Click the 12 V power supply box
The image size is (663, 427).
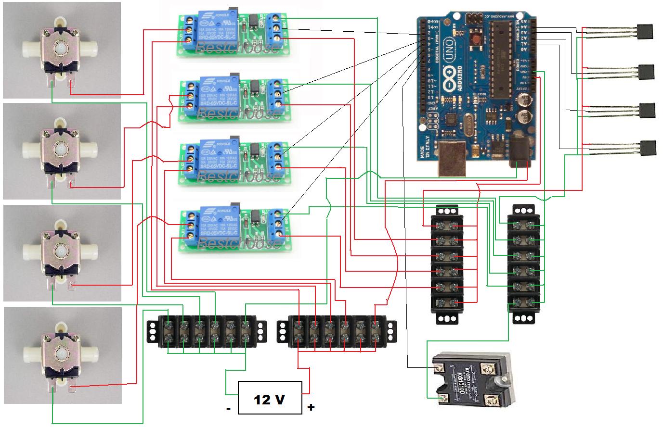click(x=271, y=398)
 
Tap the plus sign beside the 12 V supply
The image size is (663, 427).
click(x=311, y=408)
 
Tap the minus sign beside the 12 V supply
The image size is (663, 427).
click(x=228, y=409)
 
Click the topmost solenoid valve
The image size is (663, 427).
click(x=61, y=50)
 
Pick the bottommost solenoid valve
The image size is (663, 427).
click(x=62, y=355)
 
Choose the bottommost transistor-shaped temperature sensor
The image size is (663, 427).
click(x=648, y=147)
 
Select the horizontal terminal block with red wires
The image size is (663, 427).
click(x=337, y=332)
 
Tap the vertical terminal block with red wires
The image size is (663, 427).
click(x=446, y=264)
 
